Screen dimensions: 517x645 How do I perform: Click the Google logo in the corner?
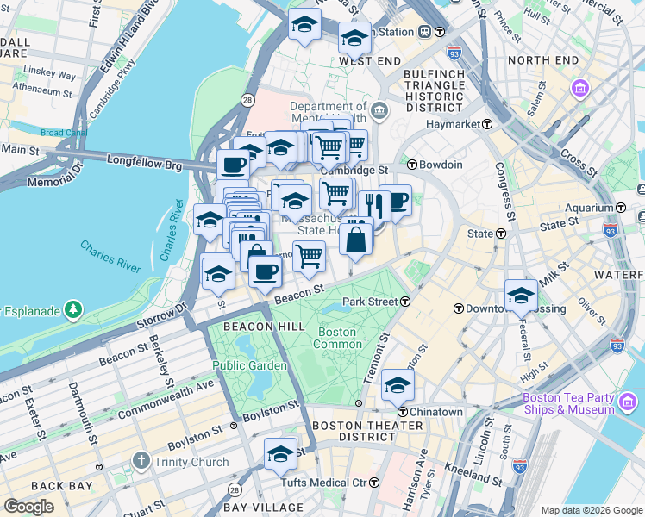coord(29,507)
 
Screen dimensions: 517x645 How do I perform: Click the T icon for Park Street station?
coord(404,302)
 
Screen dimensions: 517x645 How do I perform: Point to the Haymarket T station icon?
coord(487,124)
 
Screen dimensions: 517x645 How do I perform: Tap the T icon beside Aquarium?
coord(620,208)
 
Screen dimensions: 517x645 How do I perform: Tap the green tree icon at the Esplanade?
coord(74,308)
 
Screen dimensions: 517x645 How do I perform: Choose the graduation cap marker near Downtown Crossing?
coord(521,296)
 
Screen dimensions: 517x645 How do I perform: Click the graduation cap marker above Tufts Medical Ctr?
coord(280,454)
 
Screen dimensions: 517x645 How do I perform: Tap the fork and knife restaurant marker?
coord(373,206)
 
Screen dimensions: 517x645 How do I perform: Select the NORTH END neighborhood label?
coord(543,59)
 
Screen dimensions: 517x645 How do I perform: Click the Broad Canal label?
coord(64,133)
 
